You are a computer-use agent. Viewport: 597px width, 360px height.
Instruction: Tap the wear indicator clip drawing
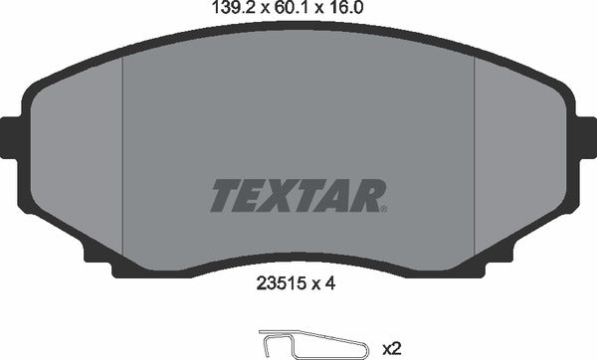coord(298,343)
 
